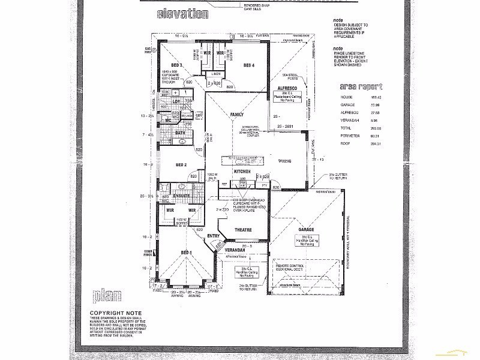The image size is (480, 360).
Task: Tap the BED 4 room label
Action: coord(249,65)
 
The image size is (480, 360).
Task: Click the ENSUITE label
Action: coord(181,196)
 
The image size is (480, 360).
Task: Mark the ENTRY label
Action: coord(214,236)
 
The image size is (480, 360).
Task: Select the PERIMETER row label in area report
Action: coord(349,136)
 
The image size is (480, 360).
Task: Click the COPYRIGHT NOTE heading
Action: coord(115,313)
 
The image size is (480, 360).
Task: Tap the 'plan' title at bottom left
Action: coord(108,296)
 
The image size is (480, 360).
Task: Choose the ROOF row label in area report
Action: coord(344,144)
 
